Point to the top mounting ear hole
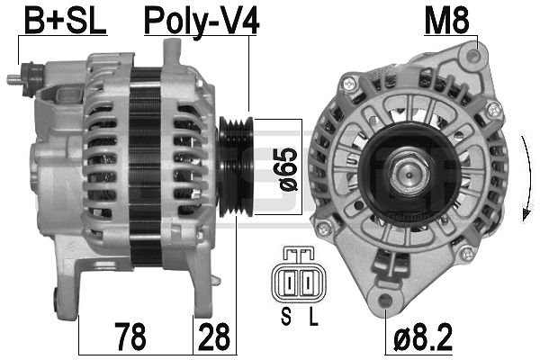tap(466, 58)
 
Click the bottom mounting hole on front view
tap(388, 298)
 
